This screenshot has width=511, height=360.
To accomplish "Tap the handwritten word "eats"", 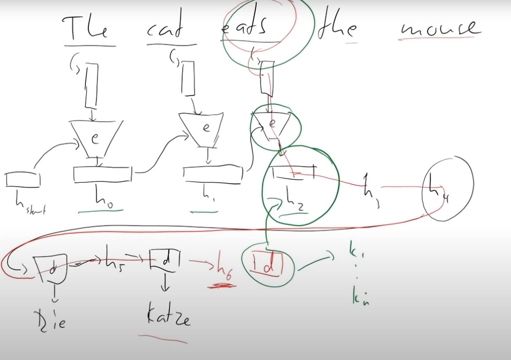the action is coord(244,26).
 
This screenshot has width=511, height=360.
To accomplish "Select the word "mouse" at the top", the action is coord(440,28).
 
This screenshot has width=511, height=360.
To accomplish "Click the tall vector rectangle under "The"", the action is coord(91,85).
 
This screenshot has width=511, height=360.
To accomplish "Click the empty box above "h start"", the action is coord(23,179).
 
